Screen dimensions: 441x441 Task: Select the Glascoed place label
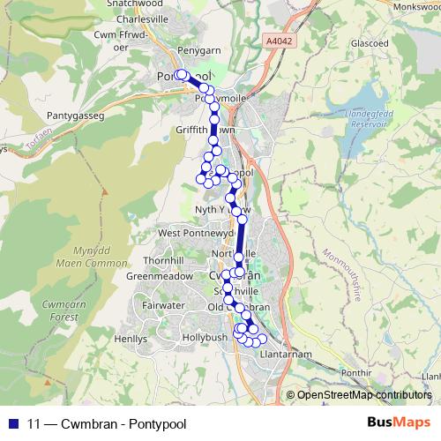369,67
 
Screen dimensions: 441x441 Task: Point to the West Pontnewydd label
196,233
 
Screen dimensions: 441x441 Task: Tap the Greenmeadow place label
160,275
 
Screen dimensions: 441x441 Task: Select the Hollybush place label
204,338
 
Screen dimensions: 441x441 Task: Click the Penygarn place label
198,52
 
